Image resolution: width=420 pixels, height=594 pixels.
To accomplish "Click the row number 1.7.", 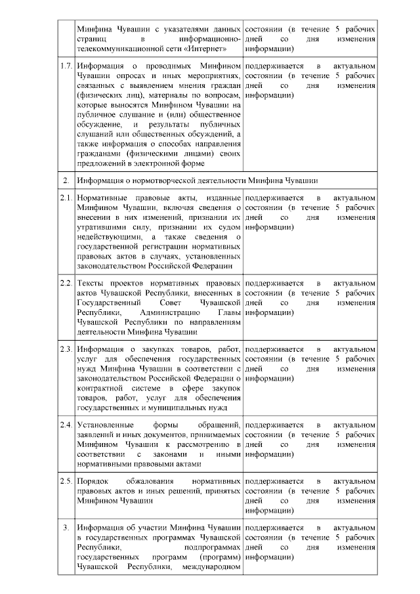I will [x=65, y=67].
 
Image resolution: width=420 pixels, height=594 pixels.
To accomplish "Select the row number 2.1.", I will [x=65, y=198].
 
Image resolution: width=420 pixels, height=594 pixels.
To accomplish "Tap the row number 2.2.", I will [x=65, y=282].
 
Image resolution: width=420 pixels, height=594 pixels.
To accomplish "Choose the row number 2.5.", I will [x=65, y=481].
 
